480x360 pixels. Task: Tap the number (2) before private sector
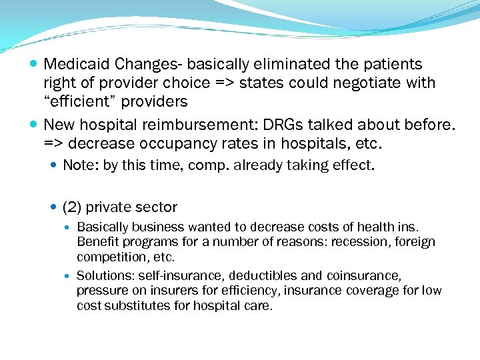(72, 207)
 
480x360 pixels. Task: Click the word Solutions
(102, 276)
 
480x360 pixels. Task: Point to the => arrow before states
(225, 83)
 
